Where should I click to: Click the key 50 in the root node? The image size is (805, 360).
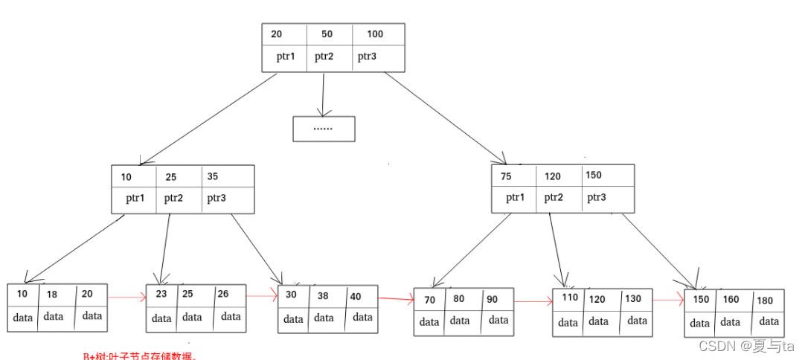(327, 34)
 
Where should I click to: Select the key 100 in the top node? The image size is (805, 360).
(375, 34)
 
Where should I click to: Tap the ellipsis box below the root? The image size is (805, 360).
(324, 129)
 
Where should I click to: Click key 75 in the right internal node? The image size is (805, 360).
(506, 176)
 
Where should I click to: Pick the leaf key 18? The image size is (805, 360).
(51, 295)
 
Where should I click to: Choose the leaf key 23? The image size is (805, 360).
(161, 294)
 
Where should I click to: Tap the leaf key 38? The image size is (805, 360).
(322, 295)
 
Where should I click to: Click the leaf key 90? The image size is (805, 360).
(492, 299)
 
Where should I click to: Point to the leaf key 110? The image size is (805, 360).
(570, 298)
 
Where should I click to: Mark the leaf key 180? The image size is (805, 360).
(765, 300)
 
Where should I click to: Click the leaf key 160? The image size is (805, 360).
(731, 300)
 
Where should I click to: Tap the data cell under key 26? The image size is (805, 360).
(231, 317)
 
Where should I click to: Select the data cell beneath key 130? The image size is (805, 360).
(637, 321)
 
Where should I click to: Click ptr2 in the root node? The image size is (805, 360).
(324, 57)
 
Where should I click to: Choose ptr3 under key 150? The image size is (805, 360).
(596, 198)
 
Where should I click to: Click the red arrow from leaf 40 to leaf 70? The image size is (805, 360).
(396, 300)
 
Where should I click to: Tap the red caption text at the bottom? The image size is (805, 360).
(139, 356)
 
